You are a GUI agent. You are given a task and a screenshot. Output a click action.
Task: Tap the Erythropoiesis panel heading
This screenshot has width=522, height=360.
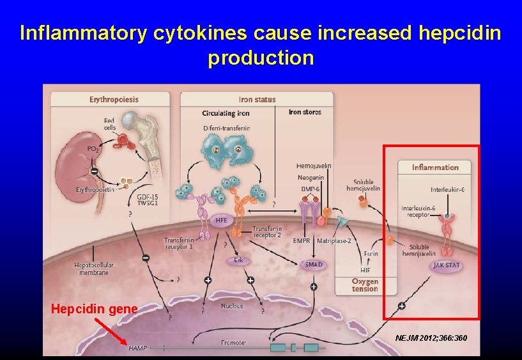click(x=114, y=99)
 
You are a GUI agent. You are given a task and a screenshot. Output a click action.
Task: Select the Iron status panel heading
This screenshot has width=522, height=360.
click(x=257, y=99)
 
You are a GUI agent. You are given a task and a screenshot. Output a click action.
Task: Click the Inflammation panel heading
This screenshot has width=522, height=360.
click(x=435, y=168)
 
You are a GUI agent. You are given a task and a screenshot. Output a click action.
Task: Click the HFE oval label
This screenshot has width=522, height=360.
click(x=221, y=220)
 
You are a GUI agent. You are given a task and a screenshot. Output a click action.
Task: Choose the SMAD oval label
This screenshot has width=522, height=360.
click(x=314, y=264)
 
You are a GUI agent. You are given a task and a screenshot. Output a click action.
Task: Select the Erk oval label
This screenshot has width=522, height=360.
click(x=238, y=260)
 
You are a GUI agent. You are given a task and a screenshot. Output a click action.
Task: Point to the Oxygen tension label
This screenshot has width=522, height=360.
click(x=365, y=285)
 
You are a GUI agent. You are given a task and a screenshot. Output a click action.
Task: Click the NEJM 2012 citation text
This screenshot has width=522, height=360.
click(x=431, y=337)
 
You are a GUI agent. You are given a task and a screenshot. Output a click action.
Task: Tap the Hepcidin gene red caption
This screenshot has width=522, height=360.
click(x=94, y=309)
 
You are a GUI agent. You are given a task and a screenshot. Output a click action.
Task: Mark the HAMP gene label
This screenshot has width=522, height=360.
click(x=137, y=348)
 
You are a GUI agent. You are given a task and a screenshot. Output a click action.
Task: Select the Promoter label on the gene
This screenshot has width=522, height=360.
click(x=233, y=343)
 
